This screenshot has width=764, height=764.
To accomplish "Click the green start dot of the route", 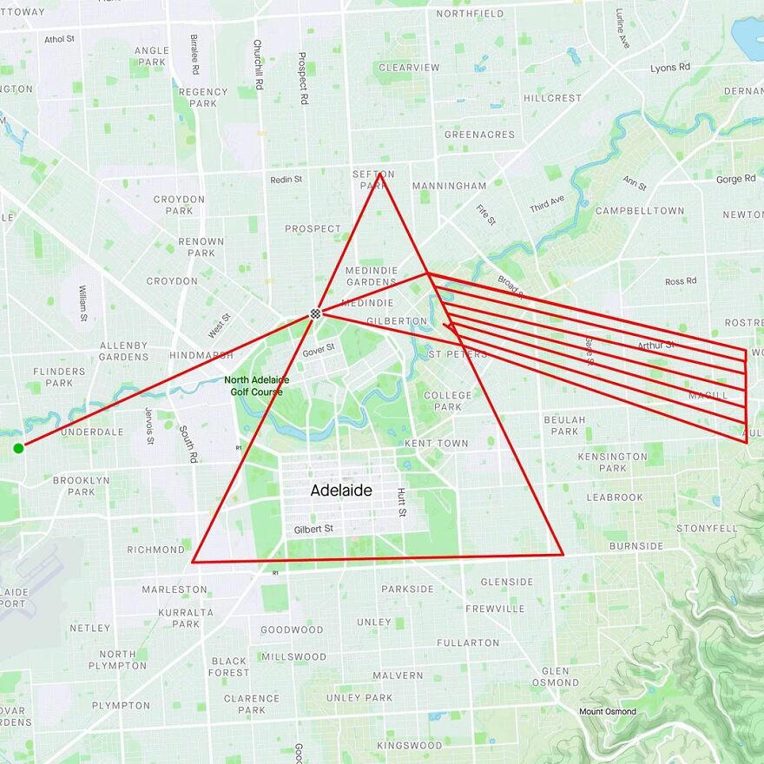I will [18, 448].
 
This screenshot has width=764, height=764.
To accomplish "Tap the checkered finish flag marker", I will [316, 313].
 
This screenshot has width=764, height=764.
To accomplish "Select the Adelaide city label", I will [341, 491].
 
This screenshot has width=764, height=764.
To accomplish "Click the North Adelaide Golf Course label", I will [257, 385].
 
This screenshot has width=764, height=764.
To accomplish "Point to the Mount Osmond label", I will [608, 712].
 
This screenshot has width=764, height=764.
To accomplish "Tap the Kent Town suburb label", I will [436, 444].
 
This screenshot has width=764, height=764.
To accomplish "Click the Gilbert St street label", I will [313, 529].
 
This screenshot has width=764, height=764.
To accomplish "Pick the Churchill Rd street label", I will [258, 64].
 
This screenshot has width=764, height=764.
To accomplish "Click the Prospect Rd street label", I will [302, 78].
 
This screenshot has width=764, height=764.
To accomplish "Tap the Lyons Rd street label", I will [670, 68].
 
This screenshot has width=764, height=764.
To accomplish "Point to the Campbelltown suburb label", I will [640, 211].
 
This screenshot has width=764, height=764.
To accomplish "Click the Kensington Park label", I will [613, 462].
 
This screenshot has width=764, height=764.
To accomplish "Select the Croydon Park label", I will [179, 205].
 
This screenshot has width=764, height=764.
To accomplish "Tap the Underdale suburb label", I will [87, 431].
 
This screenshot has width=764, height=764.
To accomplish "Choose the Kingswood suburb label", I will [409, 745].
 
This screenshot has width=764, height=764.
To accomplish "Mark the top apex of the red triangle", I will [380, 175].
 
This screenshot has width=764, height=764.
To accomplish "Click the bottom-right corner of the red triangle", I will [563, 554].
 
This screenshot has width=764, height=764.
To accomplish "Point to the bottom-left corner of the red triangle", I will [193, 561].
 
